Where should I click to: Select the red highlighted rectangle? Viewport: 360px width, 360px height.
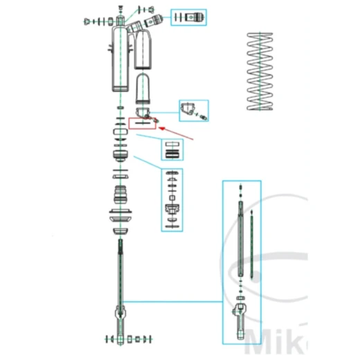pyautogui.click(x=143, y=123)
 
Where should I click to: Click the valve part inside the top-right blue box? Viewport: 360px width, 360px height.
pyautogui.click(x=190, y=17)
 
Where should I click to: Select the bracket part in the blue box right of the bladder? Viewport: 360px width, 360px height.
pyautogui.click(x=189, y=109)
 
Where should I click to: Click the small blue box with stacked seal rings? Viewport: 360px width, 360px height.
pyautogui.click(x=172, y=149)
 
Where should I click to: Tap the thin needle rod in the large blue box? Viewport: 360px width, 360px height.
pyautogui.click(x=254, y=242)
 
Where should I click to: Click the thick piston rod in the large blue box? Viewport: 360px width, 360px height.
pyautogui.click(x=240, y=235)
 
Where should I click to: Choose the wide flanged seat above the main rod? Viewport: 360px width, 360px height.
pyautogui.click(x=122, y=215)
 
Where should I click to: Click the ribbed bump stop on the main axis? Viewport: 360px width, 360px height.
pyautogui.click(x=122, y=193)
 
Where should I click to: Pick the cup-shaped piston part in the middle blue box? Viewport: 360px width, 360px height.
pyautogui.click(x=172, y=208)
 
